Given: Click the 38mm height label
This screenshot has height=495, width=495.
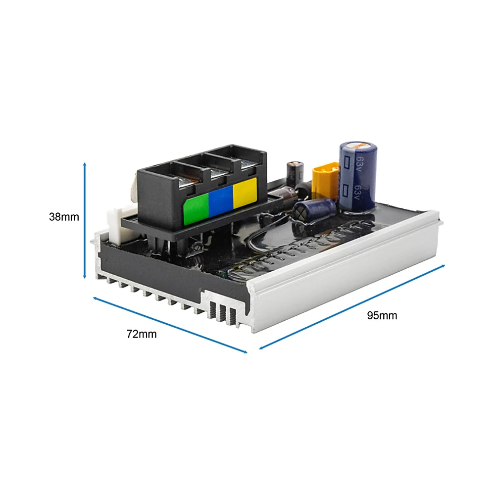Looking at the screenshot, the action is [64, 217].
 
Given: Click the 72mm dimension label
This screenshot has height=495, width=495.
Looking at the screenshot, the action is [142, 334].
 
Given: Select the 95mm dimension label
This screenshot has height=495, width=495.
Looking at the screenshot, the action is [382, 315].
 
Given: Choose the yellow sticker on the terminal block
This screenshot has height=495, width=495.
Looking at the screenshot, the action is [245, 193].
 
